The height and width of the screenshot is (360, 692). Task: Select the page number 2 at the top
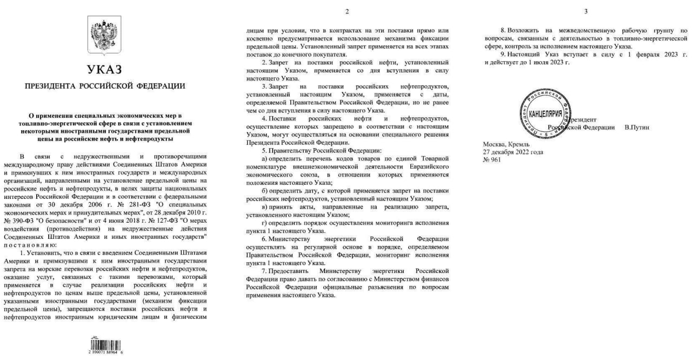tap(347, 11)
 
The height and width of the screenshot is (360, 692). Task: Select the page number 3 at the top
tap(586, 11)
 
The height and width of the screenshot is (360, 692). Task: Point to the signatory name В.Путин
tap(636, 127)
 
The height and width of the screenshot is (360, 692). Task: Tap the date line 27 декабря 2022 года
tap(513, 152)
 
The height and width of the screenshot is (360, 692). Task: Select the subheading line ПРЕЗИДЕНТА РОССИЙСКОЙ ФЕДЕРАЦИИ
tap(104, 86)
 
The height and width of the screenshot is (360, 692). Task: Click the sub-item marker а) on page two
tap(264, 158)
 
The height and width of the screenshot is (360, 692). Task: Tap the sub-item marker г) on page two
tap(264, 223)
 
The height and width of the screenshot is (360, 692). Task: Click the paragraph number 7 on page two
tap(263, 271)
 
